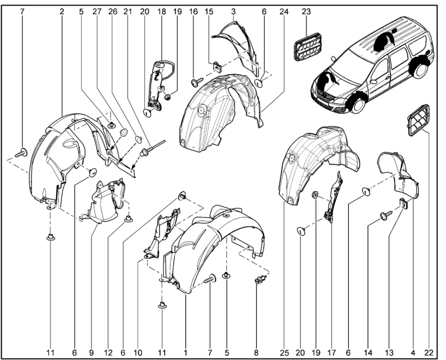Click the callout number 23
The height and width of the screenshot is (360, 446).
click(x=306, y=11)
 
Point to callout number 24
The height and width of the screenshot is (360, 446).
click(x=284, y=11)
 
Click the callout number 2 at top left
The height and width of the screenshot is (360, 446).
click(x=62, y=11)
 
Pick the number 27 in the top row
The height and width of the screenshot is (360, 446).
click(x=97, y=11)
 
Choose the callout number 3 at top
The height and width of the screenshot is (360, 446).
click(x=233, y=11)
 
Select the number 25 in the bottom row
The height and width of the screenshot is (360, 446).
click(x=284, y=352)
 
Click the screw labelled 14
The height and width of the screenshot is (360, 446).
click(x=384, y=216)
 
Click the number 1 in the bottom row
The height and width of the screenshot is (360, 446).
click(x=185, y=352)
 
